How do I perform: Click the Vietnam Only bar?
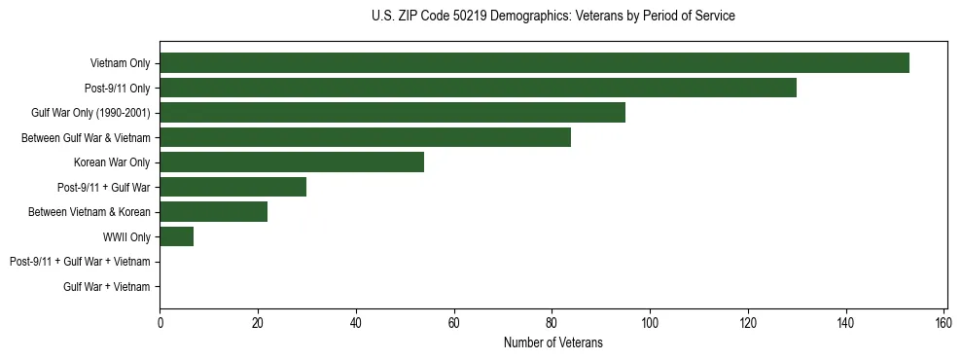click(x=534, y=63)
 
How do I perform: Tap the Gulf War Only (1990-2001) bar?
click(x=392, y=113)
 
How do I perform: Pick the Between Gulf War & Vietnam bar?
click(x=365, y=137)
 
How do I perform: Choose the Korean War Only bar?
click(x=292, y=162)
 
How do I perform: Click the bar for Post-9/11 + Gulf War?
click(x=232, y=187)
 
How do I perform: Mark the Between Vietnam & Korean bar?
click(x=213, y=212)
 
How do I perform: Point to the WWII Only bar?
click(x=176, y=236)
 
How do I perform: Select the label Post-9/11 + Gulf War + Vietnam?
click(x=80, y=262)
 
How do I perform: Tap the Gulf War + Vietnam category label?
click(x=106, y=286)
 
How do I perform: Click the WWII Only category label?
click(x=126, y=236)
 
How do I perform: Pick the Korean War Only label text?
click(x=112, y=162)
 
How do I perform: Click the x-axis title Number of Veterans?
click(x=552, y=342)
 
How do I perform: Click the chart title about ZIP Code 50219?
click(x=552, y=17)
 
